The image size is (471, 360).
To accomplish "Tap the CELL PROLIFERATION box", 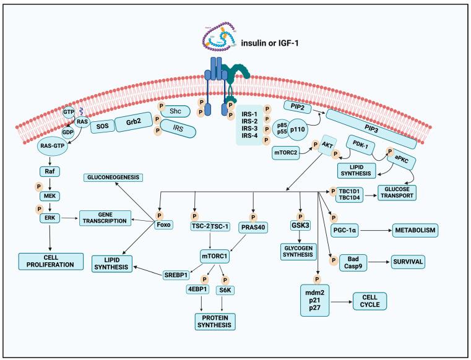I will tap(51, 260).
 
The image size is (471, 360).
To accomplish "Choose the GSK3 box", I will tap(300, 227).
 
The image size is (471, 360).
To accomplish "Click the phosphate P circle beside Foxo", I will tap(159, 215).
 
